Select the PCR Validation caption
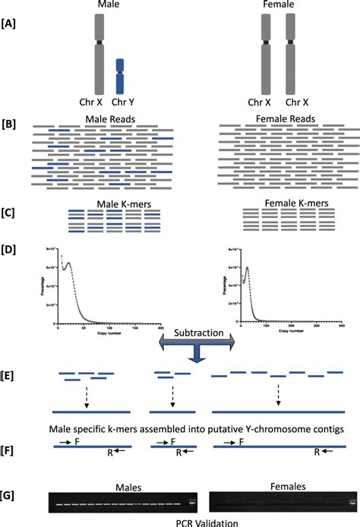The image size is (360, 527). (x=181, y=521)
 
